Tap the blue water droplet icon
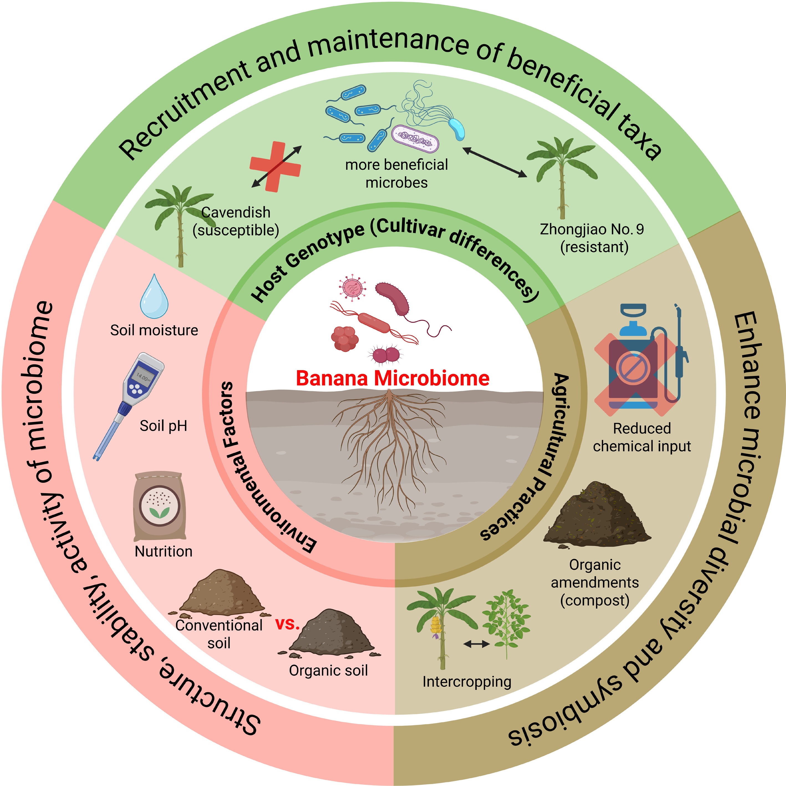click(x=154, y=297)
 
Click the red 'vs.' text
click(x=288, y=624)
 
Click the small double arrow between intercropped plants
click(x=477, y=644)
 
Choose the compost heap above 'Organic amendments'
click(x=596, y=515)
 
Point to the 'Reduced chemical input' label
click(x=642, y=437)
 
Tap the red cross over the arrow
click(x=275, y=166)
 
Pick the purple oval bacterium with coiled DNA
click(x=415, y=138)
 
